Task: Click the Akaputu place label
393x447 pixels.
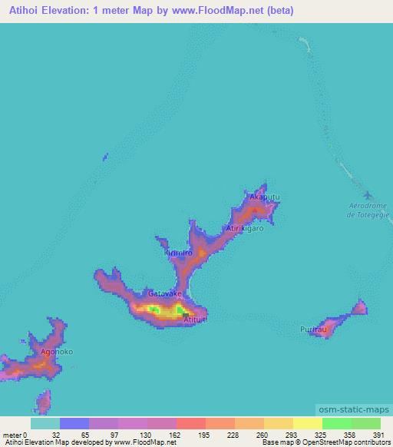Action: tap(261, 197)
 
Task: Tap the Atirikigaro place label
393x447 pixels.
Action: tap(245, 229)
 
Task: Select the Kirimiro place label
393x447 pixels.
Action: tap(177, 253)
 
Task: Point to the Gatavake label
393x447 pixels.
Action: tap(165, 293)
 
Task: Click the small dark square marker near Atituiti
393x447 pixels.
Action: tap(185, 313)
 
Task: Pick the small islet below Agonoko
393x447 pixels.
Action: tap(44, 401)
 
